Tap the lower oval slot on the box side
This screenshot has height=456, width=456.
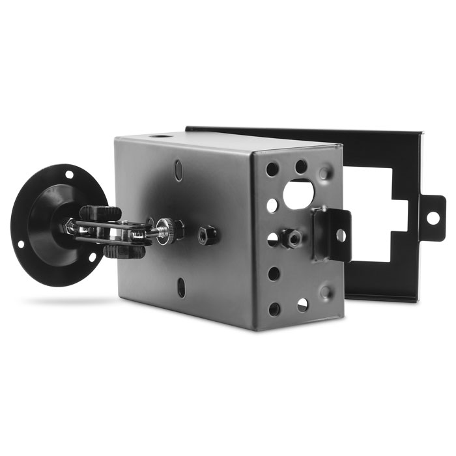[182, 287]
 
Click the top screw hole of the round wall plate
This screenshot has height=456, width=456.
[67, 175]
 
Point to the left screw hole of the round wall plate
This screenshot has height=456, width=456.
[21, 244]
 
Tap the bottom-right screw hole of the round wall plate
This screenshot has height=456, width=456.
[92, 257]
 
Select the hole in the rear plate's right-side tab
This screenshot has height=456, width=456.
[432, 218]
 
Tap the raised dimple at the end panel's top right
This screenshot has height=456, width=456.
[324, 173]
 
